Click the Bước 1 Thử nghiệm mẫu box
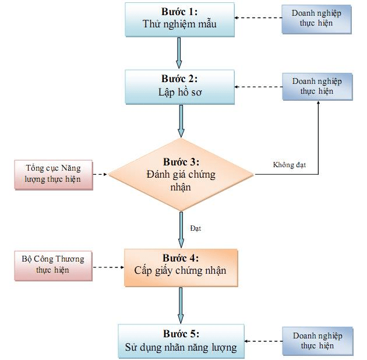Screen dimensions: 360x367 pos(179,19)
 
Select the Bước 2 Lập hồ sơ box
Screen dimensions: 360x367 pos(179,86)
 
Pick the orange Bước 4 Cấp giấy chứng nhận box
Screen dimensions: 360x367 pos(181,267)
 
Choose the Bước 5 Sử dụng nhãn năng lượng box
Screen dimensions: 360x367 pos(181,341)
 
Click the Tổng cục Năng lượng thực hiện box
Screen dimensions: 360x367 pos(53,174)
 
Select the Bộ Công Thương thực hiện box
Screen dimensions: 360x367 pos(53,265)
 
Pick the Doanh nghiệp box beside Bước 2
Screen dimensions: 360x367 pos(317,86)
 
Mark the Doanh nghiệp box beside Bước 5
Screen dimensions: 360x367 pos(317,341)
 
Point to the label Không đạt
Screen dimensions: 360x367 pos(290,165)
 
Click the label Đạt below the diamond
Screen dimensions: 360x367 pos(195,228)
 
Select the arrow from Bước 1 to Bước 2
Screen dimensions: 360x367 pos(179,54)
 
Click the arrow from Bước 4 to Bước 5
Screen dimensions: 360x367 pos(181,305)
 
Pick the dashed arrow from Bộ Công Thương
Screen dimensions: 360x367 pos(108,267)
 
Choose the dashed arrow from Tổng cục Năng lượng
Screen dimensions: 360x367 pos(101,174)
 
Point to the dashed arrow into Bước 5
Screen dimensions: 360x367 pos(263,341)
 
